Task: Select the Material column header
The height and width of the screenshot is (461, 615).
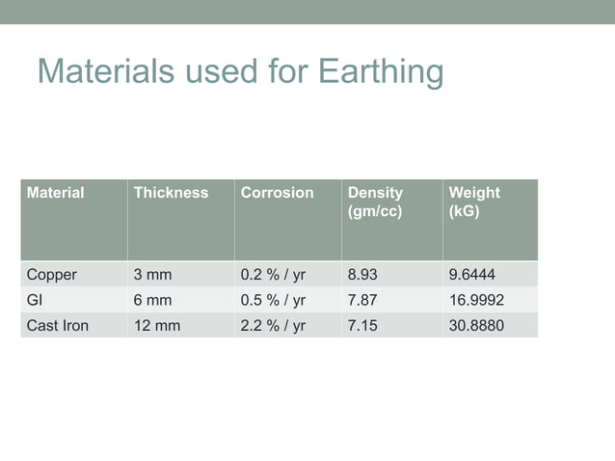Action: pyautogui.click(x=55, y=193)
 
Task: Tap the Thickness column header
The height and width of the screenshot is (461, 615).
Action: pyautogui.click(x=171, y=193)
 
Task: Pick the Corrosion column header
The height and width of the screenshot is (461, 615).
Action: pyautogui.click(x=277, y=193)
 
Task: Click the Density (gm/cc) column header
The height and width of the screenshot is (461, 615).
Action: pyautogui.click(x=375, y=202)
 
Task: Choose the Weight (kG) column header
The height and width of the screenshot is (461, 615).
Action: pyautogui.click(x=474, y=202)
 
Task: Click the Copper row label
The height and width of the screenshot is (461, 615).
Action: pyautogui.click(x=51, y=275)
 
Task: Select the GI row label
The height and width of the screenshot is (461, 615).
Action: pyautogui.click(x=35, y=300)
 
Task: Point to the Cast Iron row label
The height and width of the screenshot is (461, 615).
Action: pyautogui.click(x=57, y=326)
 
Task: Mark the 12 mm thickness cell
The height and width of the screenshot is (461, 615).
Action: pyautogui.click(x=157, y=326)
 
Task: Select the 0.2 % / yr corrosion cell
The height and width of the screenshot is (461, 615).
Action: pyautogui.click(x=273, y=275)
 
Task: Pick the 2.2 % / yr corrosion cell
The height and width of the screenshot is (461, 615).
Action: pyautogui.click(x=273, y=326)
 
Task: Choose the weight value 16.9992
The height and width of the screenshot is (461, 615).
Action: pyautogui.click(x=476, y=300)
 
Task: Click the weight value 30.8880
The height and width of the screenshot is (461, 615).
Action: pyautogui.click(x=476, y=326)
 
